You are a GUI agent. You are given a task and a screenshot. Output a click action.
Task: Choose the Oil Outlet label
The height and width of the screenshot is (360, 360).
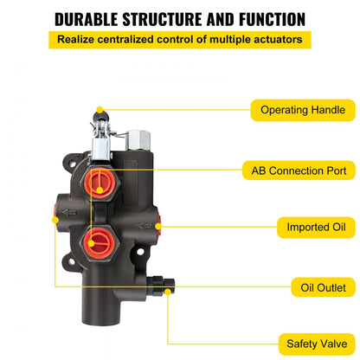coord(301,286)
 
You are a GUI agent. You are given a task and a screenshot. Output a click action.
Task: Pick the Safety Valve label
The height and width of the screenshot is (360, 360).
coord(301,344)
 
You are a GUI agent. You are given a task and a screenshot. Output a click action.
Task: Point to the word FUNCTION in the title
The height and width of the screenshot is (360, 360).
coord(265,18)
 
